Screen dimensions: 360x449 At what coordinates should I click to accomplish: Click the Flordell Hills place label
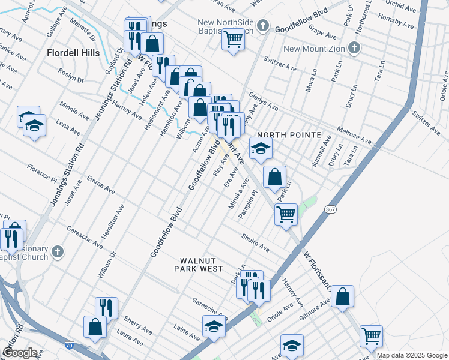(73, 53)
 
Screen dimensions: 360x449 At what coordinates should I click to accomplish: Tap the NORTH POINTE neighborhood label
(282, 135)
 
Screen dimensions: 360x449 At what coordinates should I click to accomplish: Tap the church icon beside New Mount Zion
(355, 47)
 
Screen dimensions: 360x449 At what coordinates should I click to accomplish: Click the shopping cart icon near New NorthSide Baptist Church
(232, 40)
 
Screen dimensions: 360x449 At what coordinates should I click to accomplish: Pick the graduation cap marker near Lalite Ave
(213, 326)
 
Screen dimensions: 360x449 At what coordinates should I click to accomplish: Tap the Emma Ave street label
(100, 184)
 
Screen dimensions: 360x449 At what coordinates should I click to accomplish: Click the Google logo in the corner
(20, 353)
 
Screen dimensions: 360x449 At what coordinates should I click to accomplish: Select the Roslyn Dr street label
(71, 76)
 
